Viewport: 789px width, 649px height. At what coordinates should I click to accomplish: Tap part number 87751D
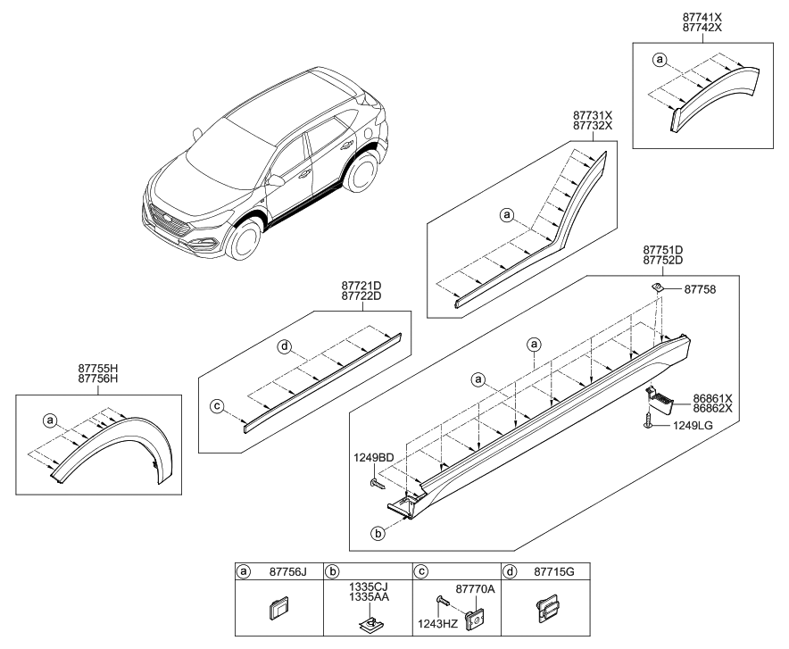pos(662,249)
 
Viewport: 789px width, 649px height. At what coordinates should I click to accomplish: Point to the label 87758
pos(702,289)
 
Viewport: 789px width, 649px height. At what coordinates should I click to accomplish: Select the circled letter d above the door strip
pos(283,347)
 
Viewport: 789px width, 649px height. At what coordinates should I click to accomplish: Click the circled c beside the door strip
pos(217,407)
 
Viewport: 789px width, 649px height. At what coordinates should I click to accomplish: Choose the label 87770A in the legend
pos(474,590)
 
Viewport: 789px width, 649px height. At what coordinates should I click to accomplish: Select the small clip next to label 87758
pos(655,286)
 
